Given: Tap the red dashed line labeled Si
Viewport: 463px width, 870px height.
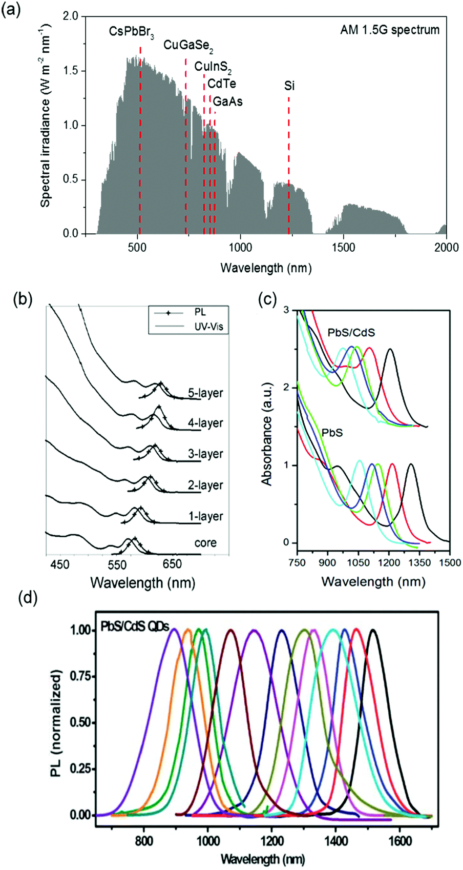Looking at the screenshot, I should (x=289, y=154).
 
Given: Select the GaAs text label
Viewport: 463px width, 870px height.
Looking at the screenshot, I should (x=227, y=102).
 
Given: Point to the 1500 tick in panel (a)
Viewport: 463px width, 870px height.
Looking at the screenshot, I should (x=343, y=247).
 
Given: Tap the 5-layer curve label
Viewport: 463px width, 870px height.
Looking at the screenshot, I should (x=205, y=394).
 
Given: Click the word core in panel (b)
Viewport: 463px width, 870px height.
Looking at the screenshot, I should (x=205, y=542).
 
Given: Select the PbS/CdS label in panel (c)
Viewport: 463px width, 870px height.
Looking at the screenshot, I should (x=351, y=333).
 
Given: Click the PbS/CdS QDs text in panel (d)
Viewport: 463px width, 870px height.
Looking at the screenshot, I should (x=135, y=626).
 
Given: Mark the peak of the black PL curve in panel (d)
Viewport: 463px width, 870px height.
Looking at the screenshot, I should (x=373, y=631).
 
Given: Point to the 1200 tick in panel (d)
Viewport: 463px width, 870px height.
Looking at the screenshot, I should (x=271, y=828).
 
